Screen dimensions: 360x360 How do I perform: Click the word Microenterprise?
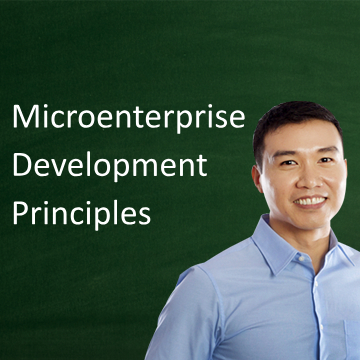pyautogui.click(x=127, y=118)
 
